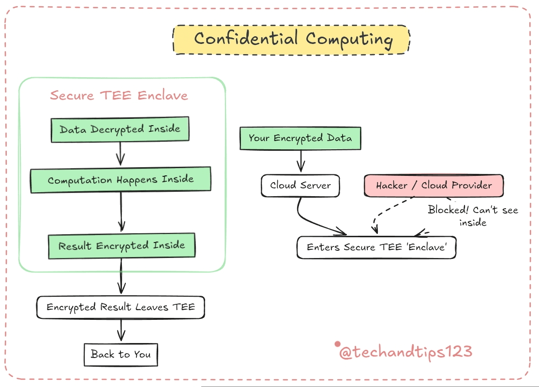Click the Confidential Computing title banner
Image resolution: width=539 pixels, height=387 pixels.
coord(291,40)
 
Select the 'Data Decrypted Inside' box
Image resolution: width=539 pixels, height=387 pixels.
coord(120,129)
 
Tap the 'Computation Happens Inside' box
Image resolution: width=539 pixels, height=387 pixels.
coord(120,180)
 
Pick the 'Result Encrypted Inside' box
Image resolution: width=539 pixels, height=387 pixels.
coord(122,246)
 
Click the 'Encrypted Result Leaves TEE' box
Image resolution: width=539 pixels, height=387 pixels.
coord(120,307)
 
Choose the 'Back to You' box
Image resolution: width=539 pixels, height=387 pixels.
coord(120,354)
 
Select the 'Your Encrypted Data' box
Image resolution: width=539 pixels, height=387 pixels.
coord(300,138)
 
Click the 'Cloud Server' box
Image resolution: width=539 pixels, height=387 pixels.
coord(300,186)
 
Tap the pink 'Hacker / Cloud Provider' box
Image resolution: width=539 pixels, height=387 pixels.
coord(434,186)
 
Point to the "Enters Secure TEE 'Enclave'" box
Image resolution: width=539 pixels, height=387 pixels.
coord(376,247)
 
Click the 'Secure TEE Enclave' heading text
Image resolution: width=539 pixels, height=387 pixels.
coord(119,96)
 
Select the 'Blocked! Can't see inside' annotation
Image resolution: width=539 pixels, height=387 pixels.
coord(473,216)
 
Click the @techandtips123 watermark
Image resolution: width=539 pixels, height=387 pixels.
coord(405,352)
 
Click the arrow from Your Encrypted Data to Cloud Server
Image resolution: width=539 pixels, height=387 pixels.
coord(301,161)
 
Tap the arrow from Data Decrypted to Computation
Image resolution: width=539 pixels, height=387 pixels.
coord(120,154)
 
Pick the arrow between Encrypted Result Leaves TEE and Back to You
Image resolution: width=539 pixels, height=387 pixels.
coord(121,330)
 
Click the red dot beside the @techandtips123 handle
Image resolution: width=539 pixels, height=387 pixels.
coord(338,344)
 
